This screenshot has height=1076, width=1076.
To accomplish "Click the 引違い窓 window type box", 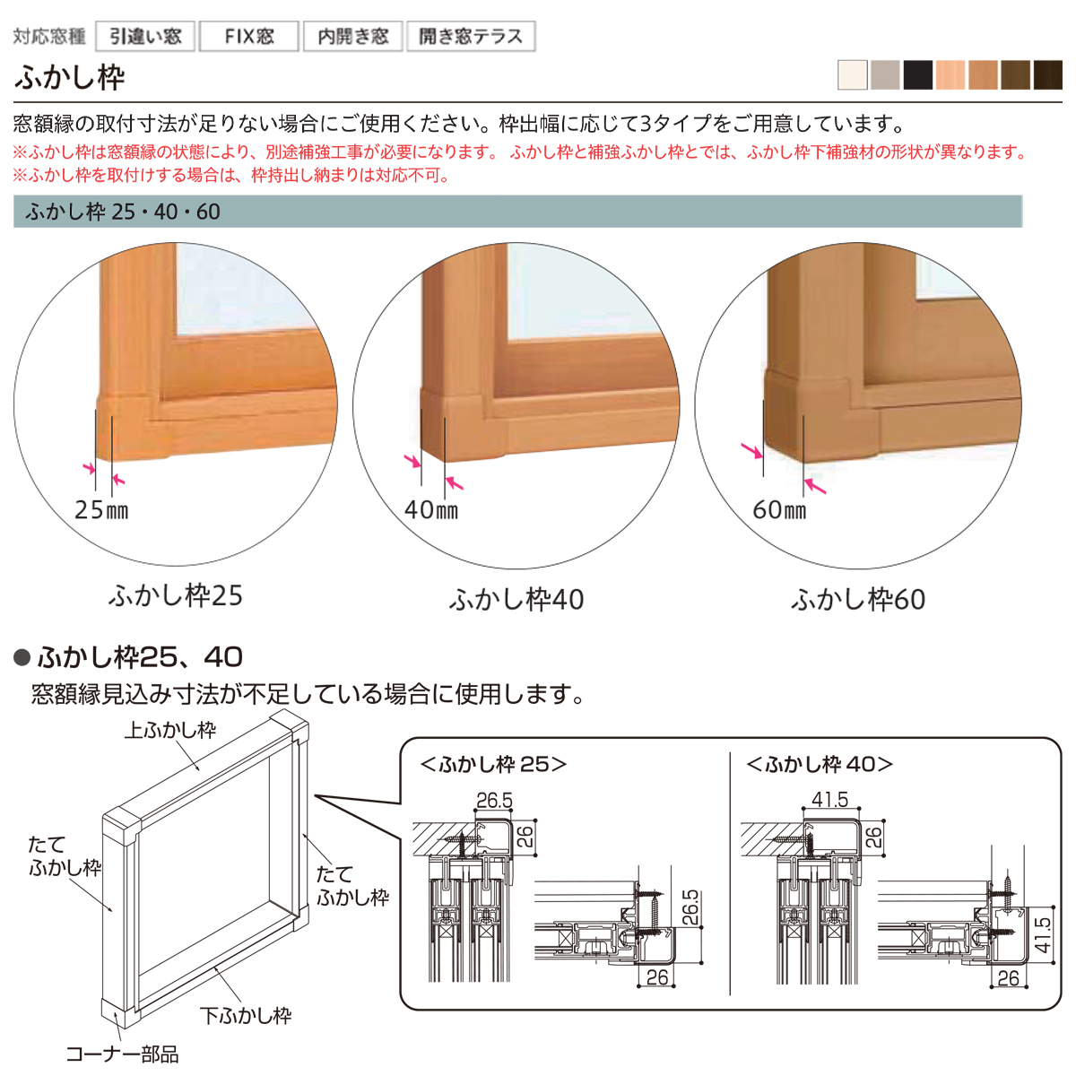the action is [145, 36].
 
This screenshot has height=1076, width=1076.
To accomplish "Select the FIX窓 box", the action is [249, 36].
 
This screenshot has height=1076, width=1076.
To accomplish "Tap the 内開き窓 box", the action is [353, 36].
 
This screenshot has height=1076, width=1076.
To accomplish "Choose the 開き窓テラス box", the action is [471, 36].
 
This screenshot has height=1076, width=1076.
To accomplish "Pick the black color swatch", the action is [918, 74].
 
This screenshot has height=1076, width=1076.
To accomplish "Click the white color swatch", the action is [853, 74].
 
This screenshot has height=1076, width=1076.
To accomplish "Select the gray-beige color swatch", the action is [885, 74].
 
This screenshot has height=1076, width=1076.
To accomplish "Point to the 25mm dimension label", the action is [101, 510].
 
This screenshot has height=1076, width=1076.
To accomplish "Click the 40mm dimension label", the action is [431, 510].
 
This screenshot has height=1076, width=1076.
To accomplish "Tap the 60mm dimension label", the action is [779, 510].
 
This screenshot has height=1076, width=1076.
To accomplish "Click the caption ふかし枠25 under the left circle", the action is [176, 595].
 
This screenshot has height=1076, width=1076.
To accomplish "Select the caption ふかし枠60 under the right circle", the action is [858, 600].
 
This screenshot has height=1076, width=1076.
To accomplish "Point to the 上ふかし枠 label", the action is [169, 729].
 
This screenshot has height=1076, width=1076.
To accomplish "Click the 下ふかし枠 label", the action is [246, 1015].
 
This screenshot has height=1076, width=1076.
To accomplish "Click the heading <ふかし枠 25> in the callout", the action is [493, 765].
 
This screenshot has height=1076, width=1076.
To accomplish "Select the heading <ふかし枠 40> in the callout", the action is [820, 765].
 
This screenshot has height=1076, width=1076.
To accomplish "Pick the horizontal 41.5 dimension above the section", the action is [829, 799].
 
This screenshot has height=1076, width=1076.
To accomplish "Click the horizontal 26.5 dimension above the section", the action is [494, 800].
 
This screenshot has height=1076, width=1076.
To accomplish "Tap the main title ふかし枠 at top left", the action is [70, 77].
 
